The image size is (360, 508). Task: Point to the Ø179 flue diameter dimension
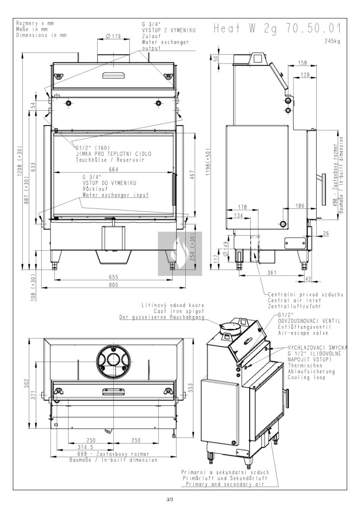114,36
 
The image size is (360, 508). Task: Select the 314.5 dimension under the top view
90,446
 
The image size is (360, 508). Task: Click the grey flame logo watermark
175,253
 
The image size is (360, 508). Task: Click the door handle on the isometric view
286,397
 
